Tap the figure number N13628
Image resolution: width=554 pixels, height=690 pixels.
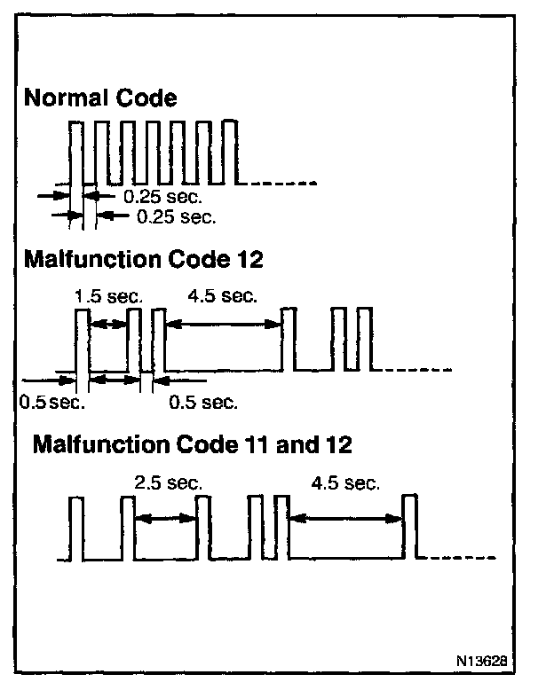pyautogui.click(x=481, y=661)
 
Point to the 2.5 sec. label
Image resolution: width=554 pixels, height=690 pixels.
pyautogui.click(x=168, y=483)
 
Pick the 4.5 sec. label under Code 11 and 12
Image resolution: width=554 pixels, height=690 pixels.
pyautogui.click(x=346, y=483)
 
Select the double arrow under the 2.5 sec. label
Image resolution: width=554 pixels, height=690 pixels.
pyautogui.click(x=166, y=519)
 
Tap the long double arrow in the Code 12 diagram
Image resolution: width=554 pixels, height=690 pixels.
pyautogui.click(x=224, y=325)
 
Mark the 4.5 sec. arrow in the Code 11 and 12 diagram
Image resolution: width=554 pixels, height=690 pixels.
pyautogui.click(x=346, y=519)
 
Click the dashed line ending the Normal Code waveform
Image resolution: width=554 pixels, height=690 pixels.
pyautogui.click(x=283, y=184)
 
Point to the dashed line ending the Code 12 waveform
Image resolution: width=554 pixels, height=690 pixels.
pyautogui.click(x=416, y=370)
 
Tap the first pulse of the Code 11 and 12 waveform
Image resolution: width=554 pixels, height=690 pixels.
pyautogui.click(x=75, y=528)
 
